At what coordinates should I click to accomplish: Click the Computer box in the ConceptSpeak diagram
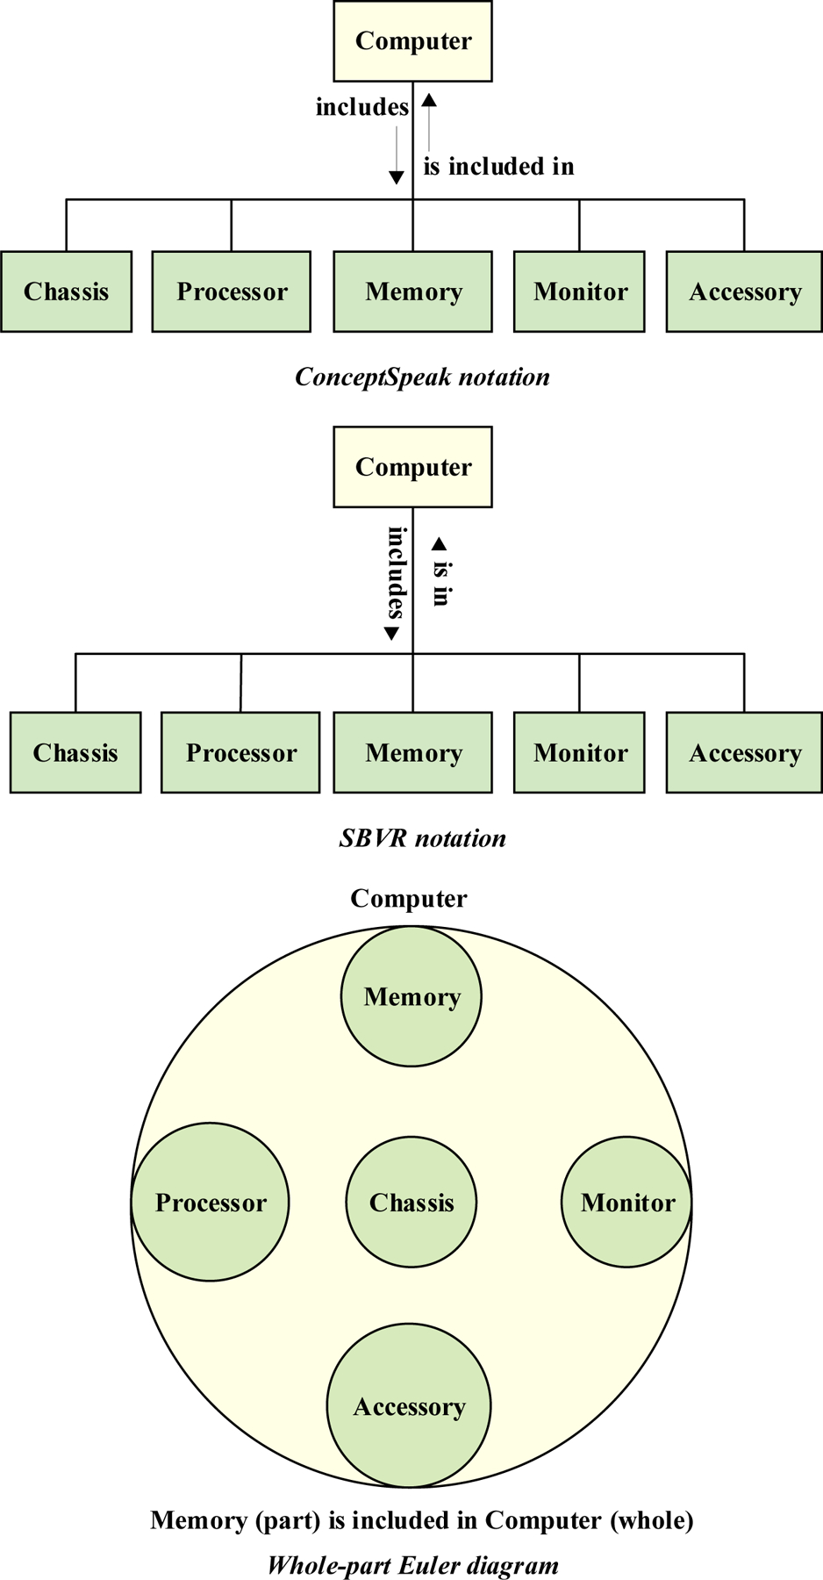(412, 41)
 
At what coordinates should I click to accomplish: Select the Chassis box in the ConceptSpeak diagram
(67, 291)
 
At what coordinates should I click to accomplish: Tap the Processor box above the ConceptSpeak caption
(232, 291)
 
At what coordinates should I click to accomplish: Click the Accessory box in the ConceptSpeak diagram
(744, 291)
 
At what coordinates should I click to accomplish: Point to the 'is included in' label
(498, 167)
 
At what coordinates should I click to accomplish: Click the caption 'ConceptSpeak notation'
(422, 377)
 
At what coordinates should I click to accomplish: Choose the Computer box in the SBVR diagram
(412, 467)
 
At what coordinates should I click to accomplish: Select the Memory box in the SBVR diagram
(412, 752)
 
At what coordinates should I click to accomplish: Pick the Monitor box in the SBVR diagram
(579, 752)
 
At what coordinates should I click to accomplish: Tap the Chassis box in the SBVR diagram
(75, 752)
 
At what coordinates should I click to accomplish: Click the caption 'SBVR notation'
(422, 838)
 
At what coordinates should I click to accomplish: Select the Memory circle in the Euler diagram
(411, 997)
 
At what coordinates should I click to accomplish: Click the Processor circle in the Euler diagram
(211, 1203)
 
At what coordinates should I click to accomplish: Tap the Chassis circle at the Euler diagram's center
(411, 1203)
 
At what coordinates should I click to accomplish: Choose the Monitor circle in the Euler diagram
(627, 1203)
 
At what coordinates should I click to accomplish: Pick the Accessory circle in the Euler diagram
(409, 1407)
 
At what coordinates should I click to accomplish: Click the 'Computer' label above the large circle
(409, 899)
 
